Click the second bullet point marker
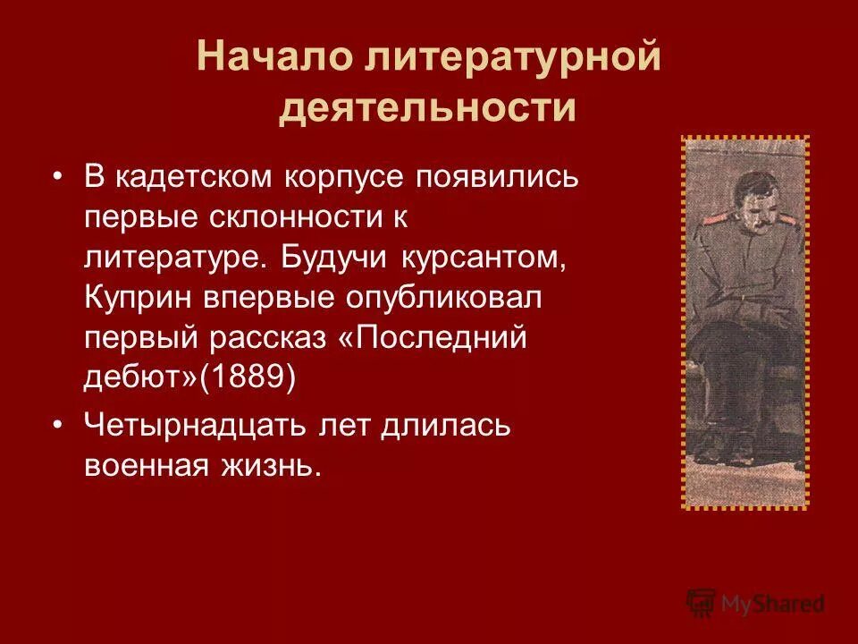click(x=58, y=426)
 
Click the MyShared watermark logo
click(x=755, y=604)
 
